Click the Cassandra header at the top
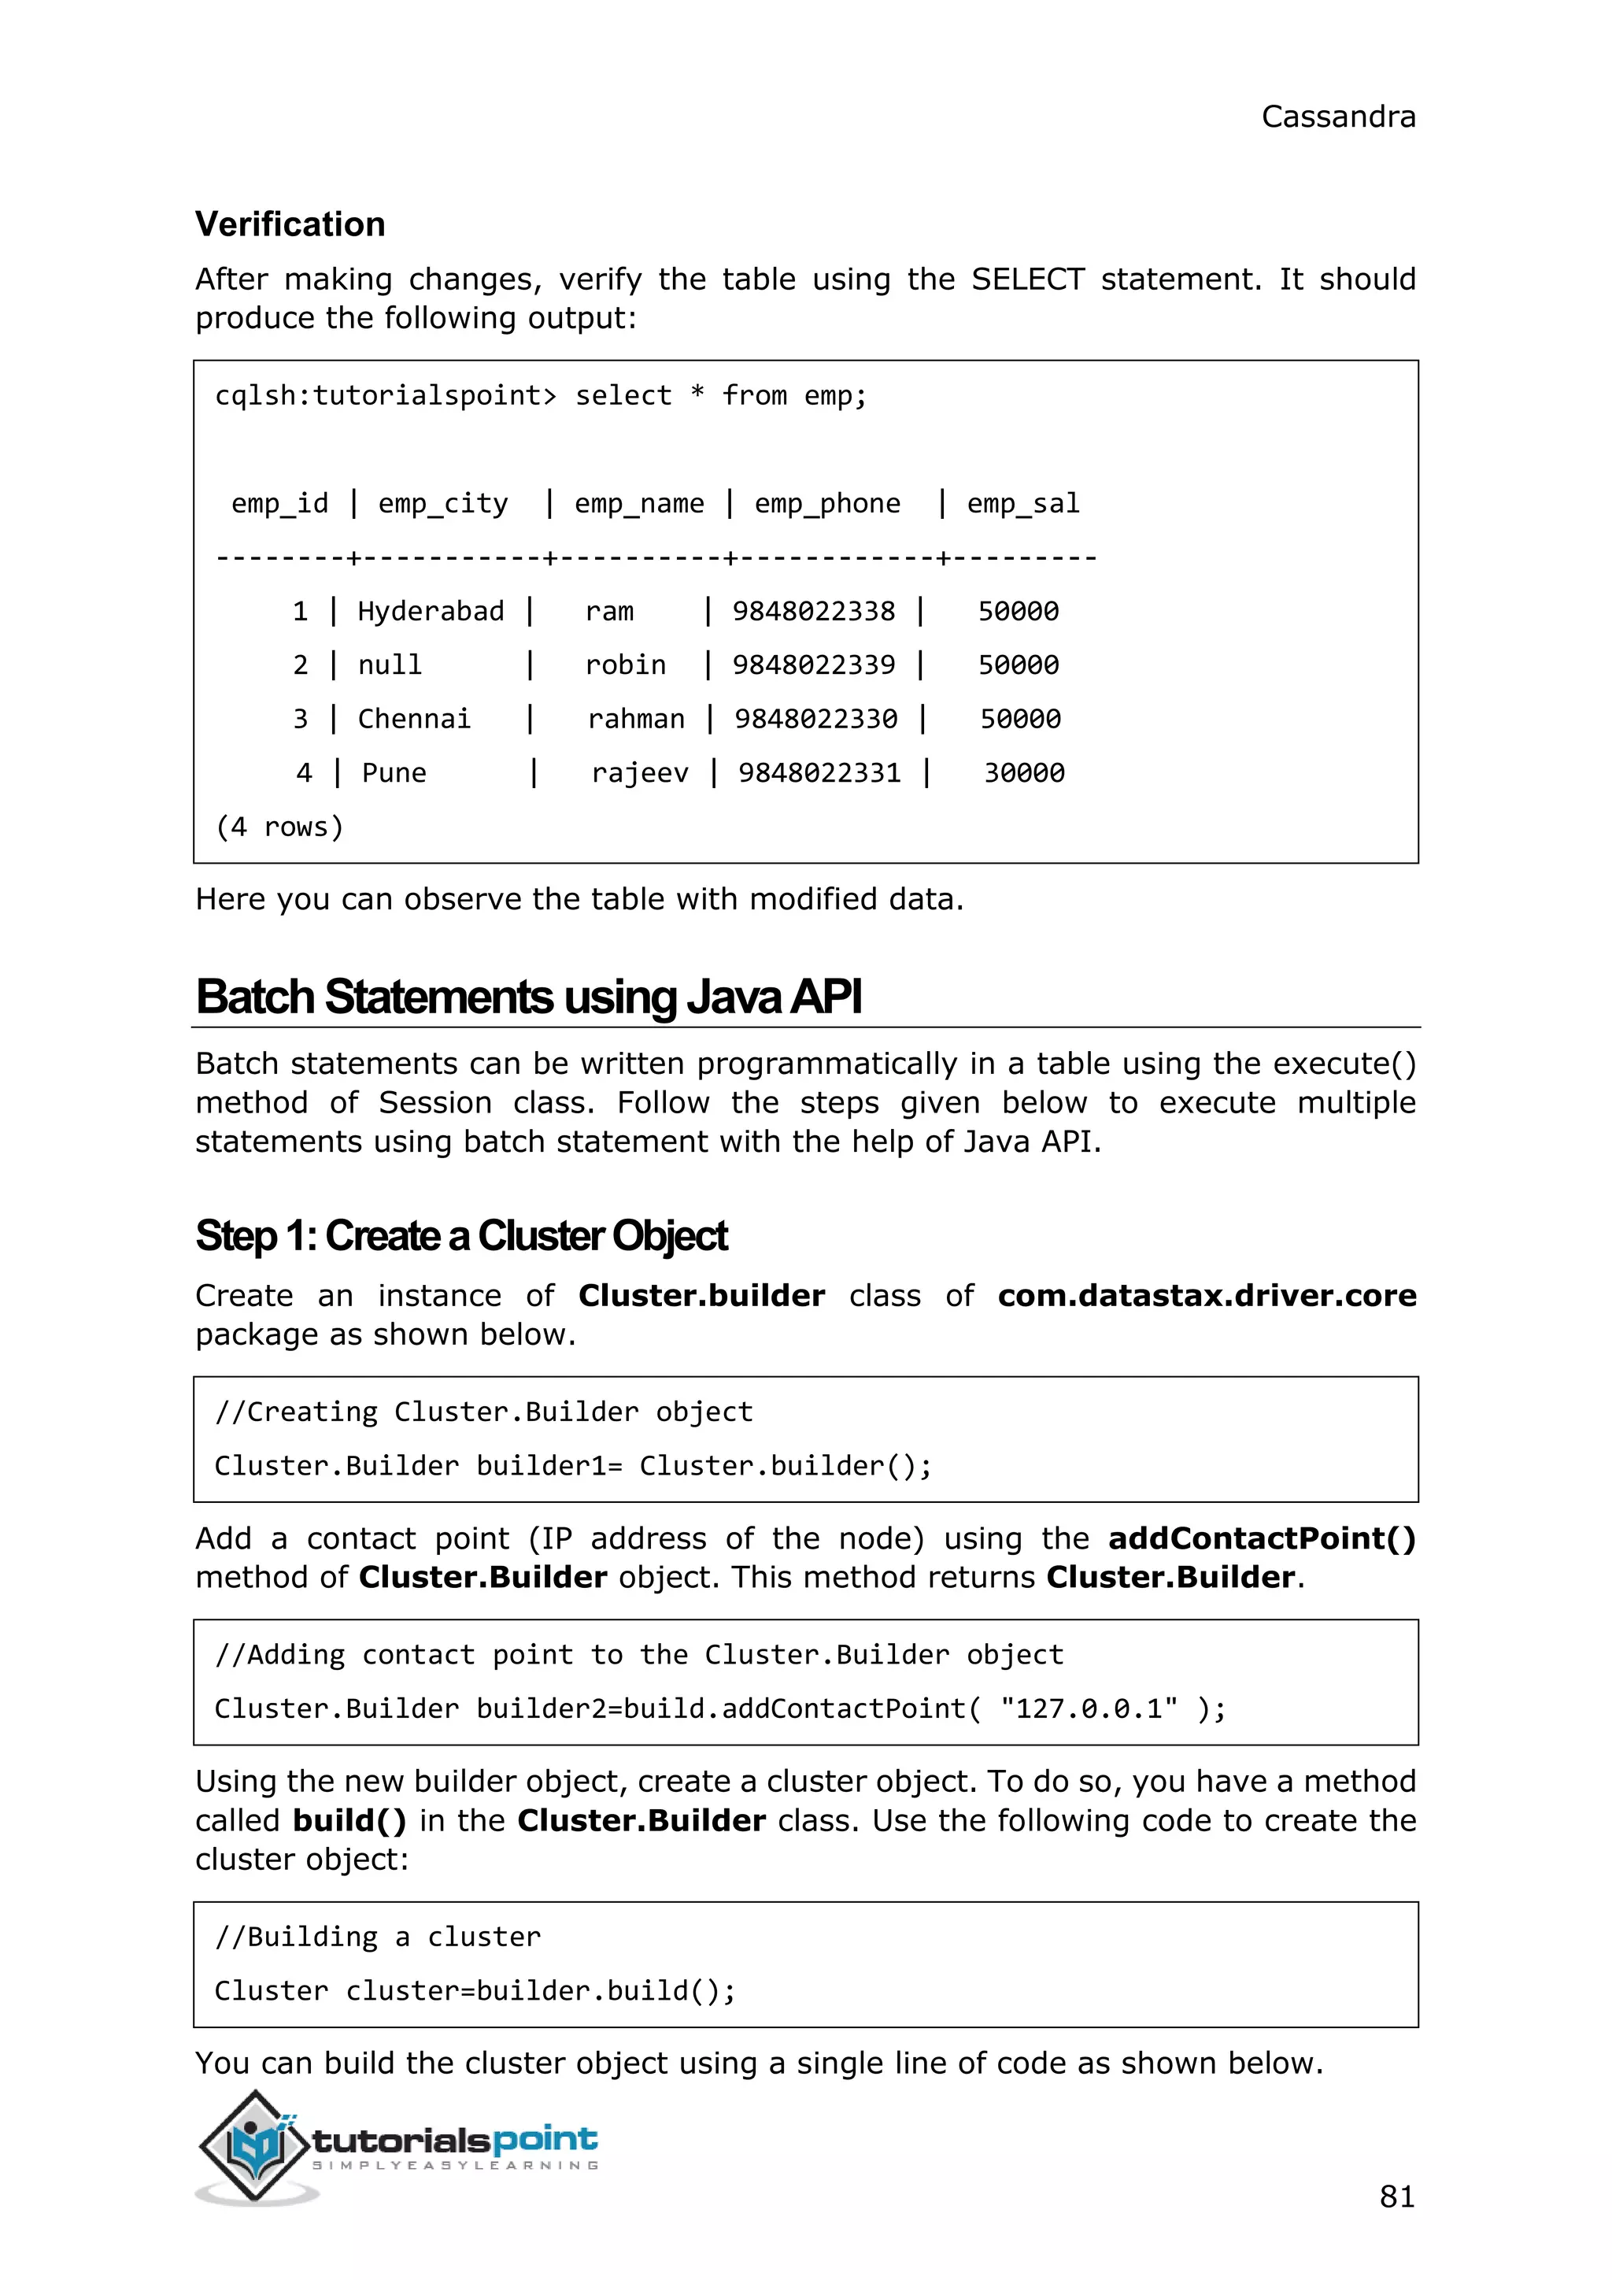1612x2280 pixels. click(x=1337, y=117)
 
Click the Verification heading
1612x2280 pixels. click(x=290, y=224)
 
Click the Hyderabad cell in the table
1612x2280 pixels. click(x=430, y=611)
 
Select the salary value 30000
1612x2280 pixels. click(x=1023, y=772)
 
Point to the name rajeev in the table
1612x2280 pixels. click(x=639, y=772)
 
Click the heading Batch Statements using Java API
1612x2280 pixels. click(x=528, y=997)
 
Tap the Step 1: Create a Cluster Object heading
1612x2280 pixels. click(x=460, y=1236)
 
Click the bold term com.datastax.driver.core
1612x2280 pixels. click(x=1206, y=1296)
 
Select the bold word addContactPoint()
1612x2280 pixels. click(x=1261, y=1538)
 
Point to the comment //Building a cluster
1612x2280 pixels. click(x=377, y=1937)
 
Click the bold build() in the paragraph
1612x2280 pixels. click(x=349, y=1820)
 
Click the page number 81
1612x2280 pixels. click(x=1396, y=2197)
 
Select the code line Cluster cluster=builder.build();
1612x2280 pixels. click(x=475, y=1990)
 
